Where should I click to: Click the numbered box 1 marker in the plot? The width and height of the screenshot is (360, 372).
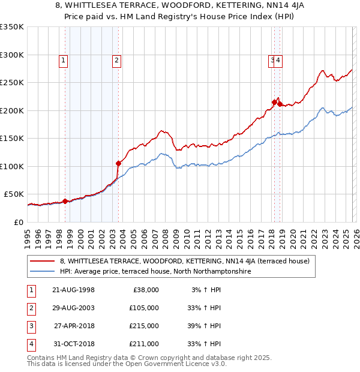coord(63,59)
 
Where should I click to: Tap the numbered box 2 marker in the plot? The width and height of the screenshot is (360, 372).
coord(116,59)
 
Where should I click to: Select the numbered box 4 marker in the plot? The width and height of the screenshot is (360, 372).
coord(280,59)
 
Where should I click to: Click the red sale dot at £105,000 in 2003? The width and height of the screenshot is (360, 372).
coord(118,163)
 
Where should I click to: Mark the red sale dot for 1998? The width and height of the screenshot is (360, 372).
coord(65,201)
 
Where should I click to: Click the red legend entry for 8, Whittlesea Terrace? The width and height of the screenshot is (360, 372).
coord(184,261)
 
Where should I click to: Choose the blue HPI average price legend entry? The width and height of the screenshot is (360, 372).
coord(154,271)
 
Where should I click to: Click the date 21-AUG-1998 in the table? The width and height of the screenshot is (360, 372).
coord(74,290)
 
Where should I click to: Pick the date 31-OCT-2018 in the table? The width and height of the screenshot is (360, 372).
coord(74,344)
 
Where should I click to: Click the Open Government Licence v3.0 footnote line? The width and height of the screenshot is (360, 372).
coord(127,364)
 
